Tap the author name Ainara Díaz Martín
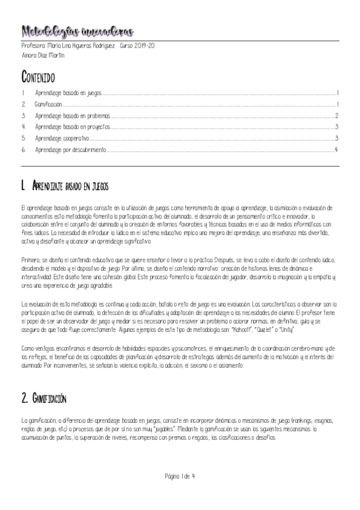pos(43,55)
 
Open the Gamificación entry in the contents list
pos(49,105)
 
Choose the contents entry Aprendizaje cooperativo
pos(63,138)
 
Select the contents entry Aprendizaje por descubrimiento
pos(70,149)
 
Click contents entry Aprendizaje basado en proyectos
pos(73,127)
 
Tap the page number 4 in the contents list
pos(337,149)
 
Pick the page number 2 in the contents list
pos(337,115)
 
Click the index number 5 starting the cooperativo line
pos(23,138)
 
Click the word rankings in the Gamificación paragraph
pos(304,420)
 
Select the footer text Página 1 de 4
pos(180,476)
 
